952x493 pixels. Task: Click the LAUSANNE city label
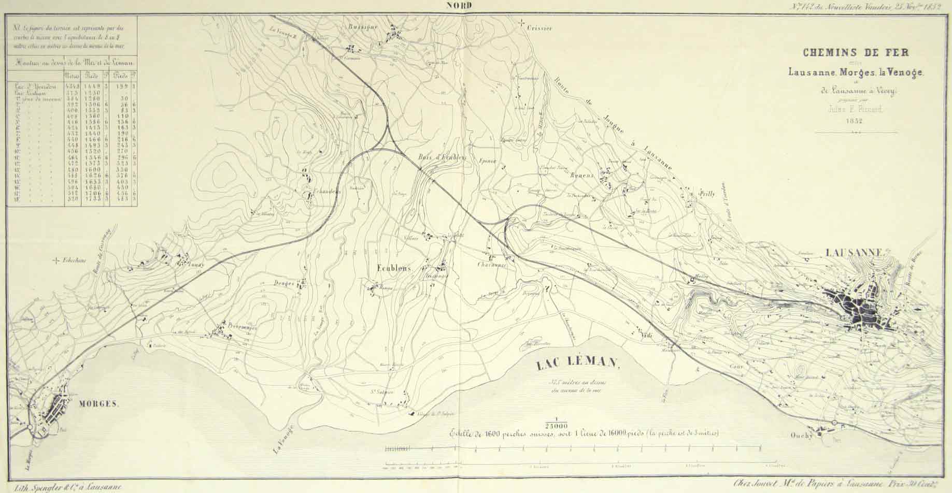click(853, 253)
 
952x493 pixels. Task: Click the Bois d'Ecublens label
click(443, 157)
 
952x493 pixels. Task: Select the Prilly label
click(706, 194)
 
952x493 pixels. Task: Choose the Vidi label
click(645, 336)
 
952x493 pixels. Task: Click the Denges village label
click(284, 283)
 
